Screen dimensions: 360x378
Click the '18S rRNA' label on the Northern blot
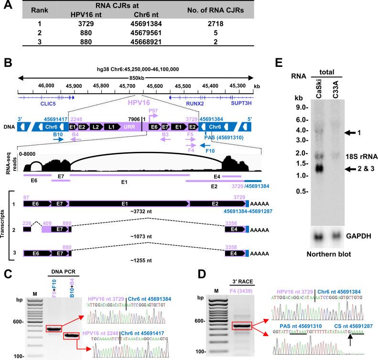(356, 156)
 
